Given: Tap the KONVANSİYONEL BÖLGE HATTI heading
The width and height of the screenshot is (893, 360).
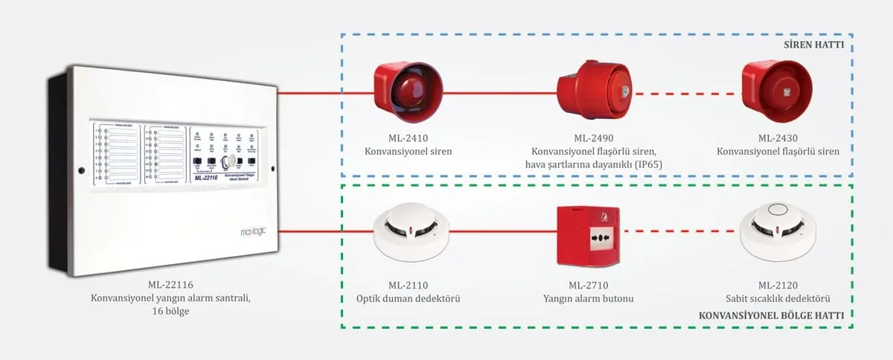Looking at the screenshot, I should pyautogui.click(x=771, y=315).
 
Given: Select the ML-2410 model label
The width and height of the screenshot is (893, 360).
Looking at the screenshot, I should pyautogui.click(x=408, y=138).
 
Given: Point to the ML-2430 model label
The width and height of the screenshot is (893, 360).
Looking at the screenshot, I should pyautogui.click(x=778, y=138).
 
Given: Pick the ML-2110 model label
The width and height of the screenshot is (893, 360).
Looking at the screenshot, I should pyautogui.click(x=408, y=286).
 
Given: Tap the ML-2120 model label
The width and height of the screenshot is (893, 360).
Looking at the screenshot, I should pyautogui.click(x=778, y=286).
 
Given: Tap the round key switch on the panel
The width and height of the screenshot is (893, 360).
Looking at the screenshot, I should pyautogui.click(x=231, y=161).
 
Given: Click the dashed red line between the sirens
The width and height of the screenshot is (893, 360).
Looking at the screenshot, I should pyautogui.click(x=685, y=94).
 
